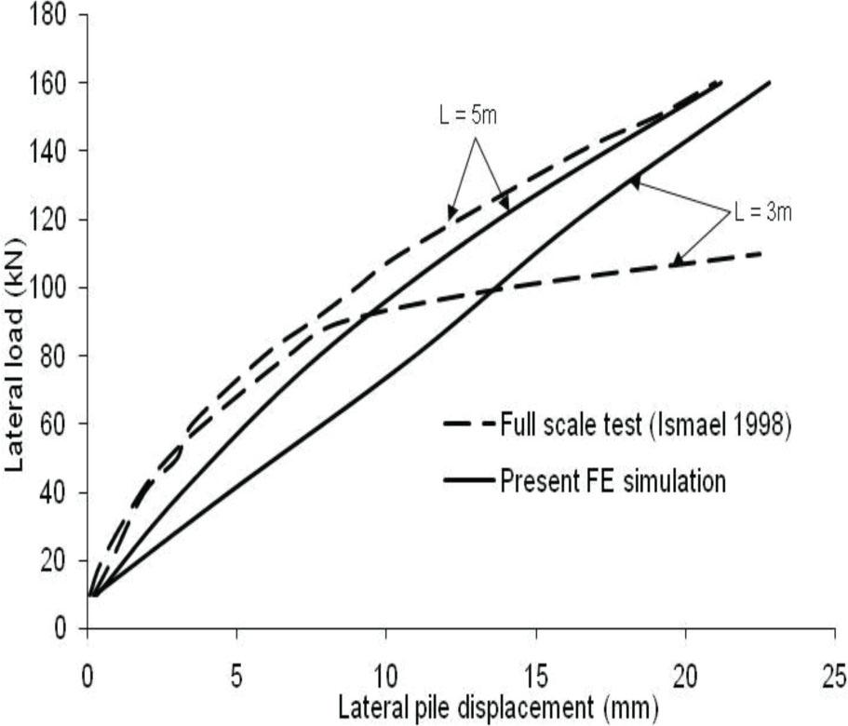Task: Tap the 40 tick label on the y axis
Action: [x=54, y=491]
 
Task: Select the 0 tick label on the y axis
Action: [x=61, y=628]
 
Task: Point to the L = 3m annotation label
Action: [x=761, y=212]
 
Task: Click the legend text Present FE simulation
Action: [x=613, y=482]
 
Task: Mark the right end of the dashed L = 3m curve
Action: [x=762, y=253]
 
